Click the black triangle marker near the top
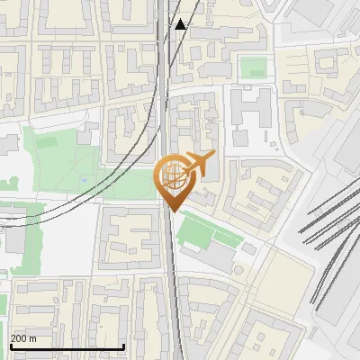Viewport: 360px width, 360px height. [181, 24]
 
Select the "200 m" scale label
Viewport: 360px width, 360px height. [23, 338]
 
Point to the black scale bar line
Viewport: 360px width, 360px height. [67, 347]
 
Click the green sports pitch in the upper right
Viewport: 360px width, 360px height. [253, 67]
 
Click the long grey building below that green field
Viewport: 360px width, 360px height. [211, 258]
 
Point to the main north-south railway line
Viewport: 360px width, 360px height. [170, 270]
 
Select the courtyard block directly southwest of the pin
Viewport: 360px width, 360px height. [131, 238]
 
